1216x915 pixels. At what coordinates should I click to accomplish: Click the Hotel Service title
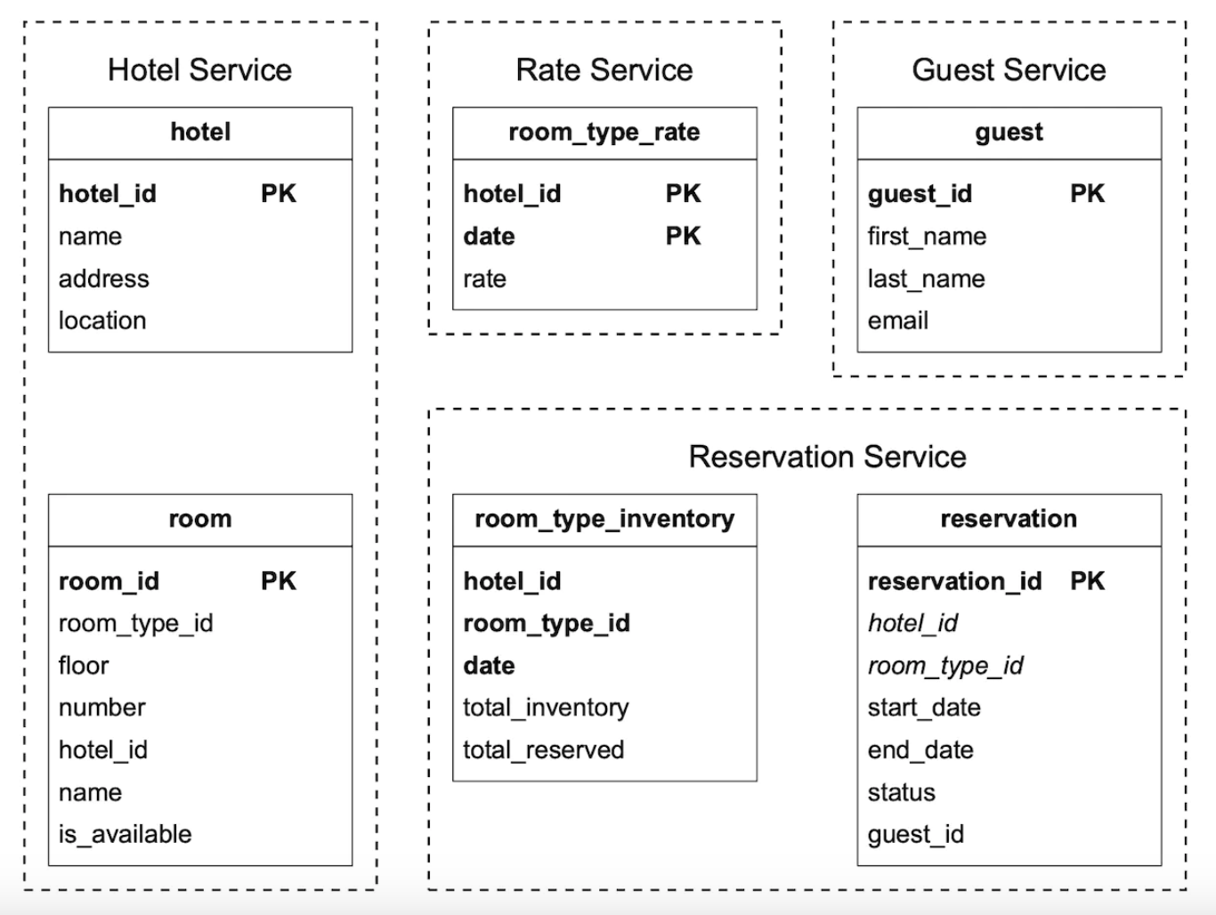click(x=199, y=69)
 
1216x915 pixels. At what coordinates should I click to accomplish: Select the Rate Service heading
click(x=604, y=69)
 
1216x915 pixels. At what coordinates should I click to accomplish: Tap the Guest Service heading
click(x=1009, y=69)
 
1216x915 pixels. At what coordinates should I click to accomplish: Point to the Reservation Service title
click(x=827, y=457)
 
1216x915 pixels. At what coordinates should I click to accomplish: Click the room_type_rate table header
click(x=604, y=132)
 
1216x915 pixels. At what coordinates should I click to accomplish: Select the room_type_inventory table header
click(x=604, y=519)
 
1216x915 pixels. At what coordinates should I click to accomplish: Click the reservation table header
click(x=1009, y=519)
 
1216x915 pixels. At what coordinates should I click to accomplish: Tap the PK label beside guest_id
click(x=1087, y=193)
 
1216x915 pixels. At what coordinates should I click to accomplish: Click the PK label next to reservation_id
click(x=1087, y=580)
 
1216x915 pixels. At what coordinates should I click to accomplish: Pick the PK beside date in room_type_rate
click(x=683, y=236)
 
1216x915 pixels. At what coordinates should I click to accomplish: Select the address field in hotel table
click(x=103, y=279)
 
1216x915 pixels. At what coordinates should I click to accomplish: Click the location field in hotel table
click(x=101, y=320)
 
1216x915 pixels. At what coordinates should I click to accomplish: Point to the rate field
click(x=484, y=279)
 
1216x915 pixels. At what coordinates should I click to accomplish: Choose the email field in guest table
click(x=897, y=320)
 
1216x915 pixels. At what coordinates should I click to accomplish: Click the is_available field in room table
click(x=125, y=834)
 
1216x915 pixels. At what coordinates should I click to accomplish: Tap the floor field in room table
click(x=83, y=665)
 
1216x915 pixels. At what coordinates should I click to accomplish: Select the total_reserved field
click(x=543, y=749)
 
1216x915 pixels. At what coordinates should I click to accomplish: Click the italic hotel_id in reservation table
click(x=912, y=623)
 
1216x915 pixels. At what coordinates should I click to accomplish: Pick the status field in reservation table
click(x=901, y=792)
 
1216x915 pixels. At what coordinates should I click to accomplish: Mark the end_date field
click(x=920, y=749)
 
